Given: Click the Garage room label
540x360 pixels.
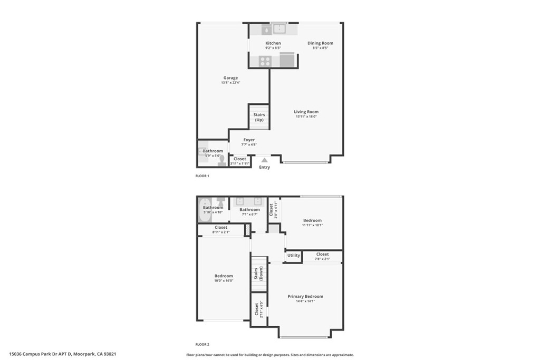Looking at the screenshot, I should tap(230, 78).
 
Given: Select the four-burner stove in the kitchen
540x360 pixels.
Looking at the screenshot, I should tap(265, 61).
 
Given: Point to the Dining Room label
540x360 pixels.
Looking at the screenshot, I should tap(321, 43).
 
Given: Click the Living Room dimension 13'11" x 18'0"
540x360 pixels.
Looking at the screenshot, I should tap(306, 116).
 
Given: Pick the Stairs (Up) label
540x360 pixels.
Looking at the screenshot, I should tap(259, 117).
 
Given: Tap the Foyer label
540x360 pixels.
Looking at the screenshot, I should tap(249, 140).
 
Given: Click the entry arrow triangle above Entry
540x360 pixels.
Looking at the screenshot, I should tap(265, 160).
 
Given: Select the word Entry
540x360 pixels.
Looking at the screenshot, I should tap(265, 167).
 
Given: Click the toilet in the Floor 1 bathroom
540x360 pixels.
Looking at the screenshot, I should tap(222, 160).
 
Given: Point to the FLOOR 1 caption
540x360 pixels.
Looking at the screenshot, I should tap(202, 176).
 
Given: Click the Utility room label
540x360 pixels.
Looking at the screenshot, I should tap(294, 256).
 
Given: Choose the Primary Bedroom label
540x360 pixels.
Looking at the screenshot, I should tap(305, 296).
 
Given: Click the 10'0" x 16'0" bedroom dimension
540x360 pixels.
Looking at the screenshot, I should tap(224, 281).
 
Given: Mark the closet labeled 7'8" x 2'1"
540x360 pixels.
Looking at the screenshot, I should tap(322, 257).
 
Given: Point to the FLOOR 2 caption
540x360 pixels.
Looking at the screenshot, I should tap(202, 344).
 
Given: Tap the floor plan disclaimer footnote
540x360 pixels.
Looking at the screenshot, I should tap(270, 355).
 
